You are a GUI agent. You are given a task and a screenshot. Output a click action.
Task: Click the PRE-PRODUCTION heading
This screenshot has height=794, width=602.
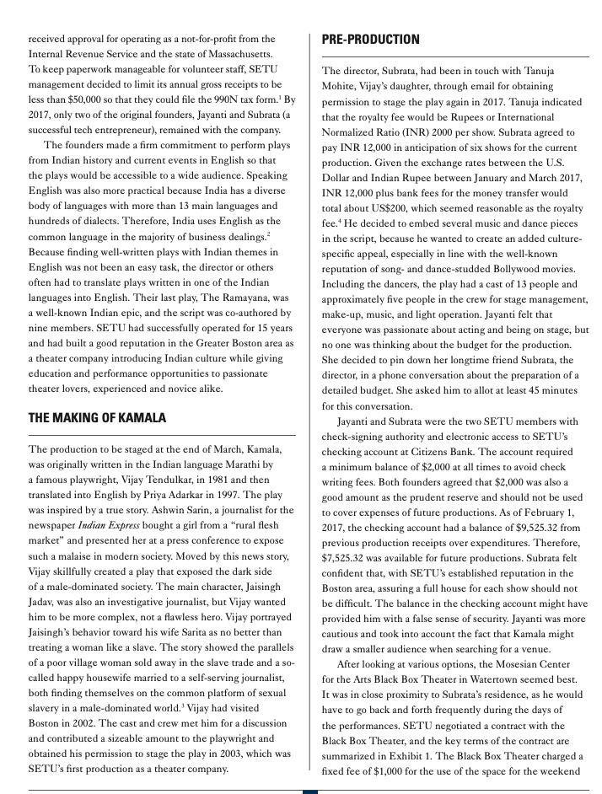(370, 40)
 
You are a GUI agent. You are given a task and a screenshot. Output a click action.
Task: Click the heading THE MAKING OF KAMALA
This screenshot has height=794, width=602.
(97, 417)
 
